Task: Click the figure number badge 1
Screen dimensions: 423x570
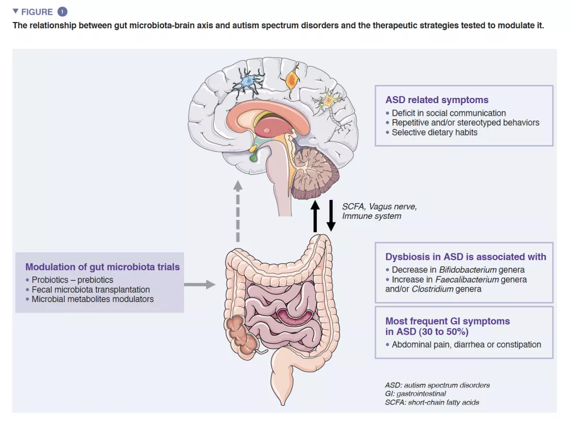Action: [x=63, y=12]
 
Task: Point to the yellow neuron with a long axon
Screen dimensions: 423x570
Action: [x=328, y=99]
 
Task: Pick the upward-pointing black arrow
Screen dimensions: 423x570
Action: [x=315, y=215]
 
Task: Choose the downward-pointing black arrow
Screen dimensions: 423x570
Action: [x=331, y=215]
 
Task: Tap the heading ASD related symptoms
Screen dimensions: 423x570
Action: [x=437, y=100]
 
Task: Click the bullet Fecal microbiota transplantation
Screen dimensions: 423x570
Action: [x=90, y=290]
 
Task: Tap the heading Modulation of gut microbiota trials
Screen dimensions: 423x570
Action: [x=102, y=267]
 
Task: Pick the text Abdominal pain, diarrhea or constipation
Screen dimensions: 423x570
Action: [x=466, y=344]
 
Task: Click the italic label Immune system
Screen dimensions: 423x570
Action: [x=371, y=216]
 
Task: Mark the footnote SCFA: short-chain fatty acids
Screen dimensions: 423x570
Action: [x=431, y=402]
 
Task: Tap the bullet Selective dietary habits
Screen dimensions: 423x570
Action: [x=435, y=132]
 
